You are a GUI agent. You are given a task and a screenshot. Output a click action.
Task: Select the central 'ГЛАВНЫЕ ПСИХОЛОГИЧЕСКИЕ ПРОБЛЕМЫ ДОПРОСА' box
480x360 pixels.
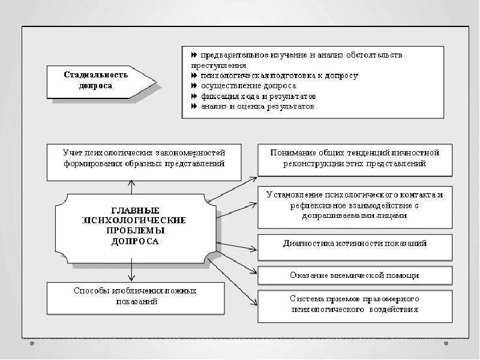[x=135, y=226]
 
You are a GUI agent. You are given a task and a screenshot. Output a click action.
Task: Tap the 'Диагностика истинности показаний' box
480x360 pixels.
[x=355, y=244]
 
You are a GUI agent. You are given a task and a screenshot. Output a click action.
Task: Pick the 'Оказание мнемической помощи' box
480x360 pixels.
[x=355, y=275]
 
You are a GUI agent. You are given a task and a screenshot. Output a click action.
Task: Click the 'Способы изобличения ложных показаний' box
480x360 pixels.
[x=135, y=296]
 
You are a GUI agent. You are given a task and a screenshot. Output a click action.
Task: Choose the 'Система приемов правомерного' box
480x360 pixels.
[x=355, y=305]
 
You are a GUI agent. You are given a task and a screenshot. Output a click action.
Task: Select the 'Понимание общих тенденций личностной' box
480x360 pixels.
[x=355, y=158]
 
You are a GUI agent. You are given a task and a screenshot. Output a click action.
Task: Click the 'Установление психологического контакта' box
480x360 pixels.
[x=355, y=206]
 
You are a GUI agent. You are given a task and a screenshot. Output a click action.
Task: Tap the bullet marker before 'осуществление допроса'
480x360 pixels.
[x=194, y=86]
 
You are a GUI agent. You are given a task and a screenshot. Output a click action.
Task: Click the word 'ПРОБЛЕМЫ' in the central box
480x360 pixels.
[x=135, y=230]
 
